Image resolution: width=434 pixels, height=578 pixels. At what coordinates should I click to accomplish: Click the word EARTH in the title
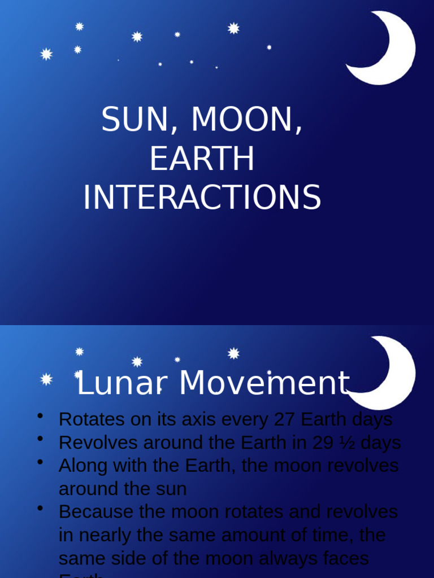point(202,159)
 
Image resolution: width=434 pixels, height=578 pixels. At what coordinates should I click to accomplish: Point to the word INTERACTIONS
point(202,198)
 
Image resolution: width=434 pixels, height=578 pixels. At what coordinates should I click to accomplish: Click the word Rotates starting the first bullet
point(89,419)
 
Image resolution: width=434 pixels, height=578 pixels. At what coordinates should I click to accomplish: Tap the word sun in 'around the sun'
point(172,489)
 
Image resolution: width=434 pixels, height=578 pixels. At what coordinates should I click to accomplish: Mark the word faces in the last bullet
point(345,558)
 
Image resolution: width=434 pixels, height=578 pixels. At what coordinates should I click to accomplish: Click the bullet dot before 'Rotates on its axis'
point(40,417)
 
